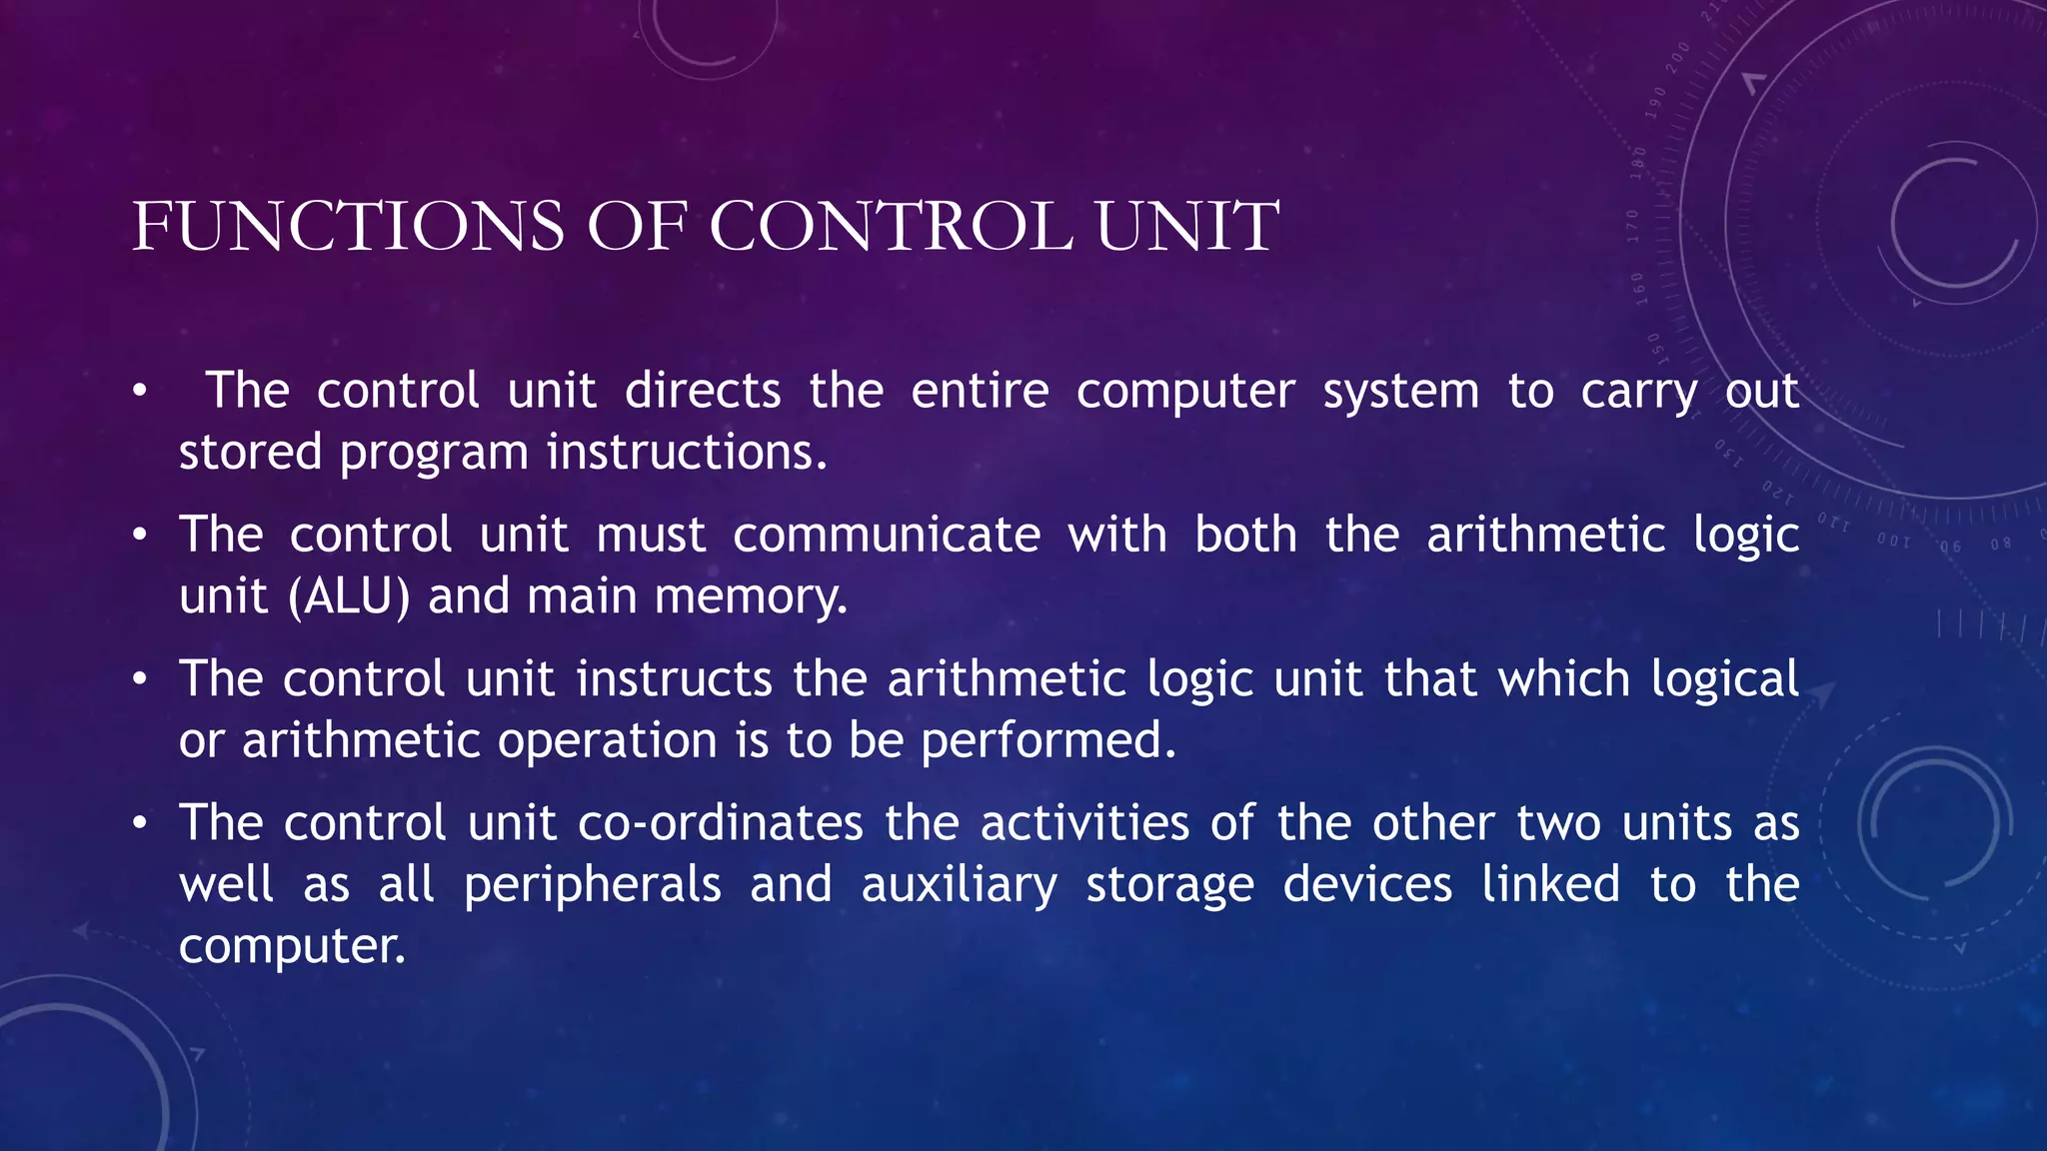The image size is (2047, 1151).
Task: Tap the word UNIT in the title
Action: (1186, 226)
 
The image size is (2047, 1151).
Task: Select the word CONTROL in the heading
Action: (891, 226)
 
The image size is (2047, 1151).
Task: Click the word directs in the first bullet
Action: (703, 391)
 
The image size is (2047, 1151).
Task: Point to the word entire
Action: (980, 391)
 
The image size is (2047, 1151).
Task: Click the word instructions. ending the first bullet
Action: (687, 453)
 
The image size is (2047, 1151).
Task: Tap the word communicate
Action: (887, 535)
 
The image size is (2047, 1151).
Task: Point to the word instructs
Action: (675, 679)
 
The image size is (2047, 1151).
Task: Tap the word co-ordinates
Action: (721, 824)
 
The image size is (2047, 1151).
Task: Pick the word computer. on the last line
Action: (292, 947)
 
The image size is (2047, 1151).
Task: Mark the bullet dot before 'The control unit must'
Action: (141, 536)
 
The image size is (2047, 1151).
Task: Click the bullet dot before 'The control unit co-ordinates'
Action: (141, 824)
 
